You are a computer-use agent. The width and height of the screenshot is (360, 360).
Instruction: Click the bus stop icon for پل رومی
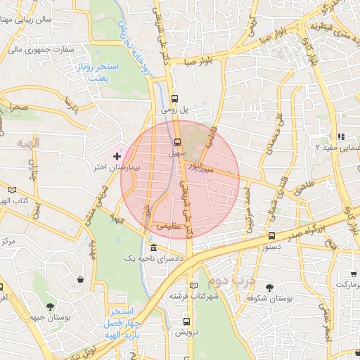(x=175, y=99)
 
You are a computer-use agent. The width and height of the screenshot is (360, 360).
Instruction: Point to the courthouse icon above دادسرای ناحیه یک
(x=153, y=247)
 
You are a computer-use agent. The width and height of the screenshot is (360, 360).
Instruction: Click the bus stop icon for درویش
(x=186, y=321)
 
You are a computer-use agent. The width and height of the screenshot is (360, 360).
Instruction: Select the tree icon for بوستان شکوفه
(x=269, y=286)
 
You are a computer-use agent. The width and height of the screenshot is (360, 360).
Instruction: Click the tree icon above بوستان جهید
(x=50, y=307)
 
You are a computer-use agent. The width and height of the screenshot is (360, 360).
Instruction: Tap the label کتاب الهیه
(x=13, y=201)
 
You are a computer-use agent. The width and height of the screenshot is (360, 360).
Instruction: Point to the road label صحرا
(x=18, y=108)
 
